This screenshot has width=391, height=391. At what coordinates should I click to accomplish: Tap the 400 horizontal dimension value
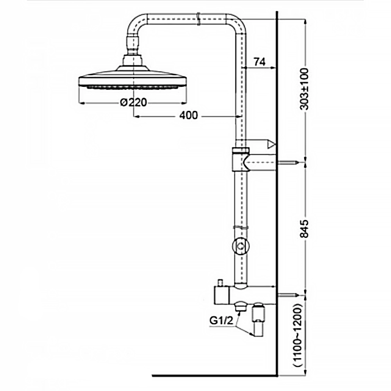point(188,115)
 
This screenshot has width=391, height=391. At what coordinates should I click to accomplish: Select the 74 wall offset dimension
point(260,61)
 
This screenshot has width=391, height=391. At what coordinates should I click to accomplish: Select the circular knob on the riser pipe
point(240,246)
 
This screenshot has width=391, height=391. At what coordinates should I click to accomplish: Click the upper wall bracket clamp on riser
point(240,160)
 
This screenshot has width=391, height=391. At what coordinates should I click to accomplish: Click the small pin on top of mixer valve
point(220,282)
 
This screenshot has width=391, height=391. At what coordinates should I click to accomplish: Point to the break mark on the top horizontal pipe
point(199,19)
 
